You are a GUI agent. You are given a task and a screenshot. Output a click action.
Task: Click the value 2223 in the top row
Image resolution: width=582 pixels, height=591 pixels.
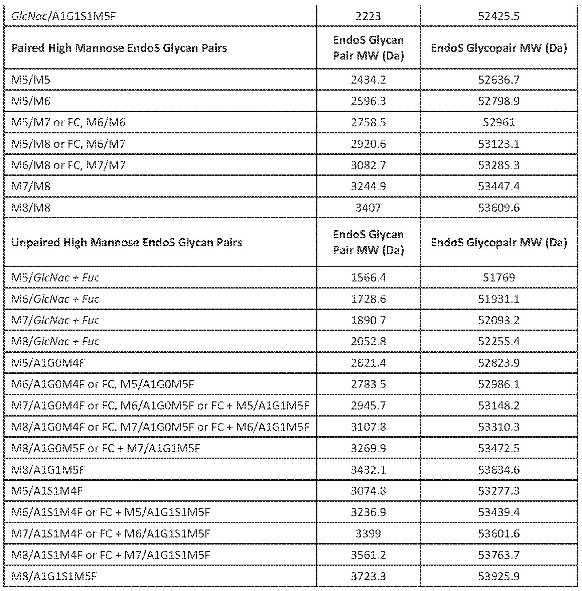point(368,16)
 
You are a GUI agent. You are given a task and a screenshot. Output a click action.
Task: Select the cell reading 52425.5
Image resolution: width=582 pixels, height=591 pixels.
point(498,16)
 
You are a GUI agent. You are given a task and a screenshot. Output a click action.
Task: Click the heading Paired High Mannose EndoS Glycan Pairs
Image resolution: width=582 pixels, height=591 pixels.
point(119,48)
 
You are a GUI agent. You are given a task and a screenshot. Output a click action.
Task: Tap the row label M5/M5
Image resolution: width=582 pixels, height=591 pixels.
point(31,80)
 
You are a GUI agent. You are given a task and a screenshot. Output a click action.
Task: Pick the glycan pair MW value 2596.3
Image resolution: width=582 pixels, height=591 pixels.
point(368,101)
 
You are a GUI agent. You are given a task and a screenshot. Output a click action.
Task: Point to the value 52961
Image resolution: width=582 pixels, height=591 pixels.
point(498,122)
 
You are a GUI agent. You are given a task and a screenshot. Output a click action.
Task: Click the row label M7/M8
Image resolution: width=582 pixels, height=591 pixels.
point(31,187)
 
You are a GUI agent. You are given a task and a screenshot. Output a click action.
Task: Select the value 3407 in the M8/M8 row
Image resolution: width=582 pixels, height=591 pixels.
point(368,208)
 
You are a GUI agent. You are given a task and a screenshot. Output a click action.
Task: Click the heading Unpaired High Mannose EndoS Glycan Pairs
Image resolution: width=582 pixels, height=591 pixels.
point(127,242)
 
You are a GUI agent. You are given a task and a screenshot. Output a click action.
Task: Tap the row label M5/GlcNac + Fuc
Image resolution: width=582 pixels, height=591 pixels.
point(55,277)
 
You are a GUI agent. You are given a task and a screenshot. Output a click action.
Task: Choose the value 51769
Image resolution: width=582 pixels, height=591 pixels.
point(498,277)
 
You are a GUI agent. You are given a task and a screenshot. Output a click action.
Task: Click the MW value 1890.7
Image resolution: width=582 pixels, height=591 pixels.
point(368,320)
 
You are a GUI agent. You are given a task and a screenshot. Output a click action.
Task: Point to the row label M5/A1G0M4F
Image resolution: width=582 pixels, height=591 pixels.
point(48,363)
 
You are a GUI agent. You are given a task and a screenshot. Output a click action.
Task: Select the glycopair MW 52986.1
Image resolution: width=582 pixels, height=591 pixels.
point(498,384)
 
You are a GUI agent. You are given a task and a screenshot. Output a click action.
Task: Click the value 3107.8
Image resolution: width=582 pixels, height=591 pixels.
point(368,427)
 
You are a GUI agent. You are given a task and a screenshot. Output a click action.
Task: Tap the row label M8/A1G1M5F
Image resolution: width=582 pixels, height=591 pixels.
point(48,470)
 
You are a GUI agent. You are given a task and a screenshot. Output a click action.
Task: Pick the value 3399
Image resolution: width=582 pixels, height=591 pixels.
point(368,534)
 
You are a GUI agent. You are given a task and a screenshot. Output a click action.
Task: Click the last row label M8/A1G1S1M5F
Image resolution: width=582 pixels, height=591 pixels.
point(54,576)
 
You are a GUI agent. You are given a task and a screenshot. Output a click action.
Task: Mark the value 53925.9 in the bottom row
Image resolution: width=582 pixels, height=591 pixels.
point(498,576)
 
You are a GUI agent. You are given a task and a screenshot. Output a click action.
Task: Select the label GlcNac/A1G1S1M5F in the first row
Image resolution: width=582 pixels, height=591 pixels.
point(63,16)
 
